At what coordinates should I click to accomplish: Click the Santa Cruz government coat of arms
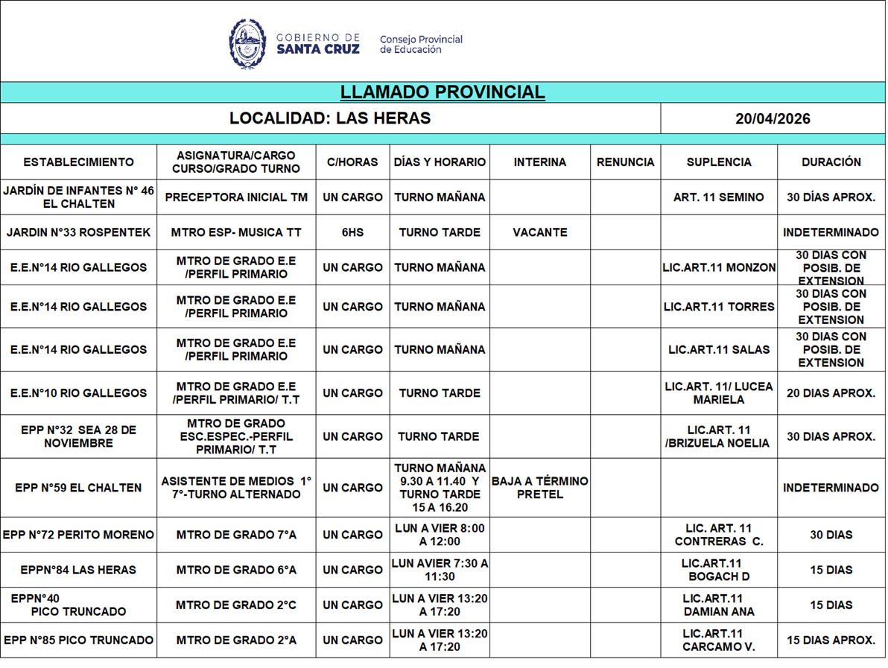247,44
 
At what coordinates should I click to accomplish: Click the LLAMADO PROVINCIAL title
443,92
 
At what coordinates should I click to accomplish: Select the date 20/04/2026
773,118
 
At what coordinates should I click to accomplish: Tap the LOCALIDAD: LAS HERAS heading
330,118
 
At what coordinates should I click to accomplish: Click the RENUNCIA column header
625,162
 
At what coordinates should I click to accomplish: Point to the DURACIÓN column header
831,162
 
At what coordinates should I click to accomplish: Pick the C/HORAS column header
352,162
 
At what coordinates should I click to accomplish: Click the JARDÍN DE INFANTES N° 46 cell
78,197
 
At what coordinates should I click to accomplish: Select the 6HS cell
352,232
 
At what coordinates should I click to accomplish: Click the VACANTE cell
539,232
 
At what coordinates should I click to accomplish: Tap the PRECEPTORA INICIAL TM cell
236,197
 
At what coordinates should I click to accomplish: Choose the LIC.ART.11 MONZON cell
718,267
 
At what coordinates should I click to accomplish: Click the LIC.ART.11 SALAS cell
718,349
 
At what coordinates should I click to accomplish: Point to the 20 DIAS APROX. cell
831,393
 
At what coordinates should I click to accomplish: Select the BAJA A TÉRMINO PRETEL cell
539,488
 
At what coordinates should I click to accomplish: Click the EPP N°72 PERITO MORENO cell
78,535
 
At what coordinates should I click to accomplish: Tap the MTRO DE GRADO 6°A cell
236,570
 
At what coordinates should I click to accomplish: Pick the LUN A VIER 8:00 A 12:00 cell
440,535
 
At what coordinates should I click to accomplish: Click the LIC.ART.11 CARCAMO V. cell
718,640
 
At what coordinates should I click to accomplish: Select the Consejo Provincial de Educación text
421,45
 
